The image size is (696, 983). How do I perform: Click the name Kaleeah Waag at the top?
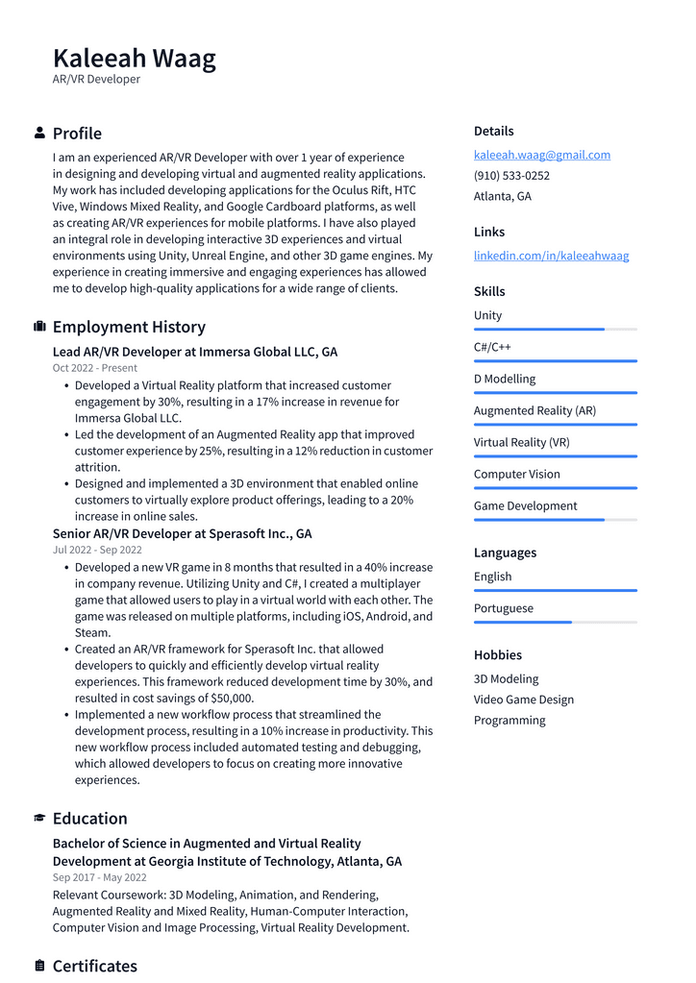pos(135,58)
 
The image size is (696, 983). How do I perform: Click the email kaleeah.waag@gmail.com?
pos(541,155)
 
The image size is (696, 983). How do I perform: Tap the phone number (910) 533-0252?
pos(511,176)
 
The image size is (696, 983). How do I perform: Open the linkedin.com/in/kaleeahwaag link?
pos(551,256)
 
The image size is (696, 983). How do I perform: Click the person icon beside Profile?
pos(39,133)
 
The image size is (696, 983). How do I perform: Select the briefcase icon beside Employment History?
pos(39,327)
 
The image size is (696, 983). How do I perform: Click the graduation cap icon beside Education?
pos(39,819)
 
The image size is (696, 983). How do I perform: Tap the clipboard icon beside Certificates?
pos(39,966)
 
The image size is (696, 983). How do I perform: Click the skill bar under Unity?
pos(555,330)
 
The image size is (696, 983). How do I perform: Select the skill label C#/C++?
pos(492,347)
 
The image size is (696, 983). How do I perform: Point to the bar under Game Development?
pos(555,520)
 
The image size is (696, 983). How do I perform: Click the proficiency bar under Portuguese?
pos(555,623)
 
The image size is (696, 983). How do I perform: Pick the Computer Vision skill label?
pos(516,474)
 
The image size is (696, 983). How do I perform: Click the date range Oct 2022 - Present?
pos(95,368)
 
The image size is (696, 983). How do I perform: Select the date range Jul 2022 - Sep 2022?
pos(97,550)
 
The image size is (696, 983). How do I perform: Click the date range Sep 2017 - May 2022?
pos(99,877)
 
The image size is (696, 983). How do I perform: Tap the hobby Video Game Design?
pos(523,700)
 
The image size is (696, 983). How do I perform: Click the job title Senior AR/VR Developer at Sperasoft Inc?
pos(182,533)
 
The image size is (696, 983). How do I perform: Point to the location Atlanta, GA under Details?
pos(502,196)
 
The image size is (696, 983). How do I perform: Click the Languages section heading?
pos(505,553)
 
